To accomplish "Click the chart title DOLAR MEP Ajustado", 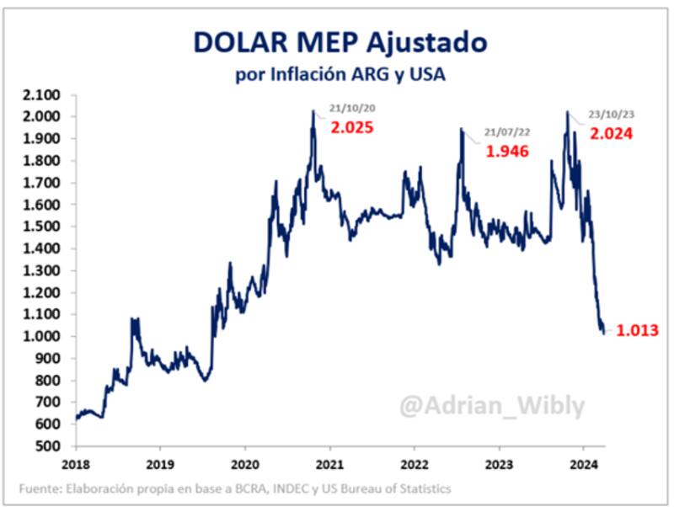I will point(340,43).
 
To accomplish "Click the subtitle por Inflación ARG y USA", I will point(340,75).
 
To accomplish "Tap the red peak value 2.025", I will point(351,129).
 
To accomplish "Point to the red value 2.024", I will point(611,133).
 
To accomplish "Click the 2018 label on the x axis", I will point(75,463).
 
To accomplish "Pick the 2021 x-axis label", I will point(329,463).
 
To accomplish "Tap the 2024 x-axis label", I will point(584,463).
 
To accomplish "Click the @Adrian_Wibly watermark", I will point(491,408).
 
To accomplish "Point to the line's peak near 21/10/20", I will point(313,111).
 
